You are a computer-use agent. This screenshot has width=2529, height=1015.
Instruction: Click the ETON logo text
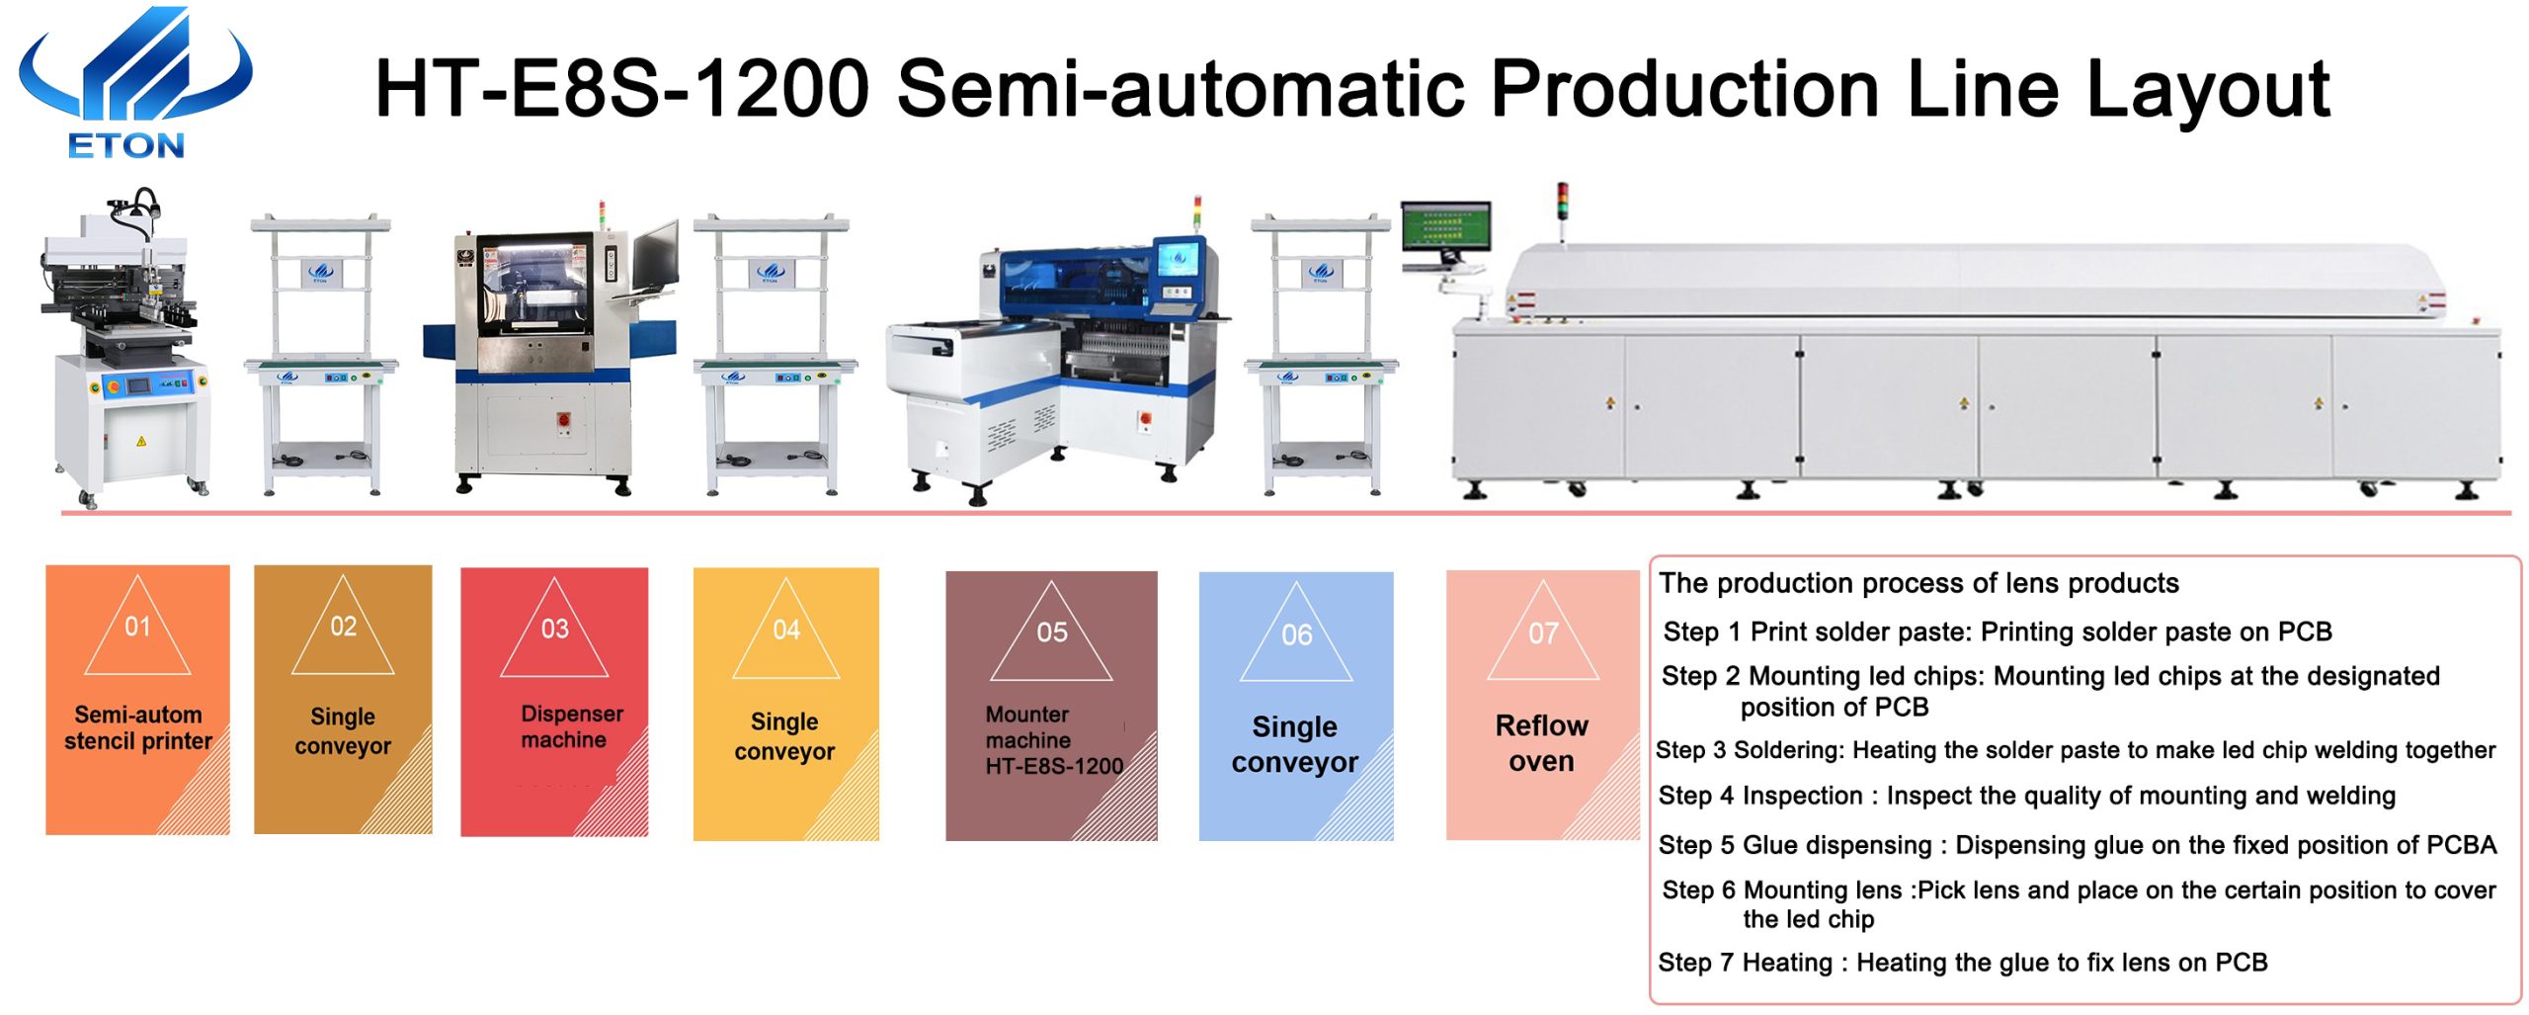tap(125, 145)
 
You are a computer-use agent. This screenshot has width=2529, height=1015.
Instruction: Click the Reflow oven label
tap(1541, 742)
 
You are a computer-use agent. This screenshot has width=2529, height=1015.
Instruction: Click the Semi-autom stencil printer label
tap(138, 727)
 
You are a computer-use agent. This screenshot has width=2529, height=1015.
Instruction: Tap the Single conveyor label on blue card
tap(1294, 744)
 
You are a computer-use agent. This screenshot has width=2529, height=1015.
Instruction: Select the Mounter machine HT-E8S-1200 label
tap(1054, 739)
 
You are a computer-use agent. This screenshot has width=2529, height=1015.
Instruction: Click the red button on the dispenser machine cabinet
tap(564, 420)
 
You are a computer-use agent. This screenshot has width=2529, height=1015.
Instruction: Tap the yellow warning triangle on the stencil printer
tap(141, 441)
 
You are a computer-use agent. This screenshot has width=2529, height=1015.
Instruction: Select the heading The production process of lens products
tap(1918, 583)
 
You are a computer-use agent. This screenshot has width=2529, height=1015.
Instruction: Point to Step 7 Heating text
tap(1745, 962)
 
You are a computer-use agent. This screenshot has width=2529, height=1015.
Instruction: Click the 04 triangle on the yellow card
tap(785, 629)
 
